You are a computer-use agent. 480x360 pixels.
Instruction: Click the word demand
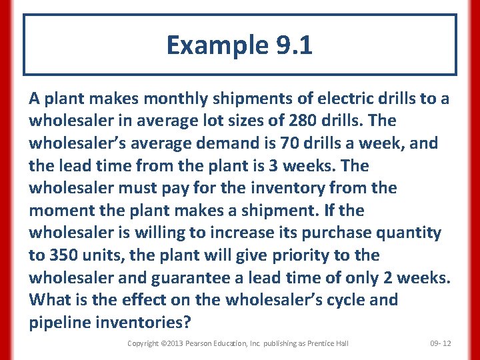215,143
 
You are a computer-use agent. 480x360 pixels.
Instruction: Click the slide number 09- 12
441,343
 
